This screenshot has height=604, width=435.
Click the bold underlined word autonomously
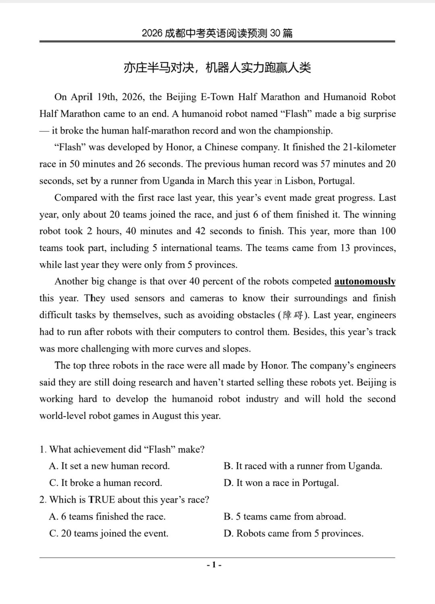coord(365,282)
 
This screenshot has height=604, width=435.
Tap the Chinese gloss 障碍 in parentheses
coord(293,315)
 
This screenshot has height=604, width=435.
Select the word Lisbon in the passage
coord(300,181)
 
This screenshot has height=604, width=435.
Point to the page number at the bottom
coord(214,565)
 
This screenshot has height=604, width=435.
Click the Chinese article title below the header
coord(217,68)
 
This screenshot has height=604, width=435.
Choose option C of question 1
coord(106,483)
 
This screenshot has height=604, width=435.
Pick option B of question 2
coord(285,517)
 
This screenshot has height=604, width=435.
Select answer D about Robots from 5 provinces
coord(294,534)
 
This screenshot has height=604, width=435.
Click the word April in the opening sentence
coord(82,97)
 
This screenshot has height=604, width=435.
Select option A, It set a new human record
coord(110,466)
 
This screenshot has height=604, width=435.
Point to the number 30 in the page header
coord(275,33)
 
